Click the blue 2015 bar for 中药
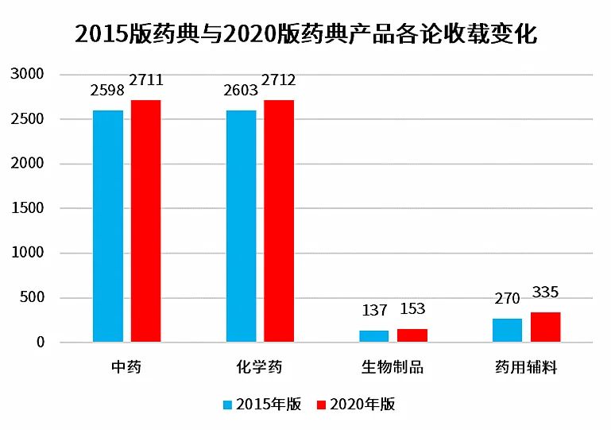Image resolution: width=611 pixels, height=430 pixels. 108,227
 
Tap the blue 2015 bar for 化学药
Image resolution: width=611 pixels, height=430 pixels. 242,227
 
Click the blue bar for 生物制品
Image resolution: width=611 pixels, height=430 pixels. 374,336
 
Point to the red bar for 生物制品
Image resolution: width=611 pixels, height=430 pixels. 412,335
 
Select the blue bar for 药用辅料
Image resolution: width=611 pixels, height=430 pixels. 508,331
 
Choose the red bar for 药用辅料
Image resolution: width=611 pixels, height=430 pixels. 546,327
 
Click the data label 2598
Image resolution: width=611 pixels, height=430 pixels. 108,91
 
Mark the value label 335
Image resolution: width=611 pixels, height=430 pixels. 546,292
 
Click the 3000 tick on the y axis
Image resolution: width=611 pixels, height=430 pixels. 27,75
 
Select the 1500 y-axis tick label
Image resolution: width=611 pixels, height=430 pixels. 27,209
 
